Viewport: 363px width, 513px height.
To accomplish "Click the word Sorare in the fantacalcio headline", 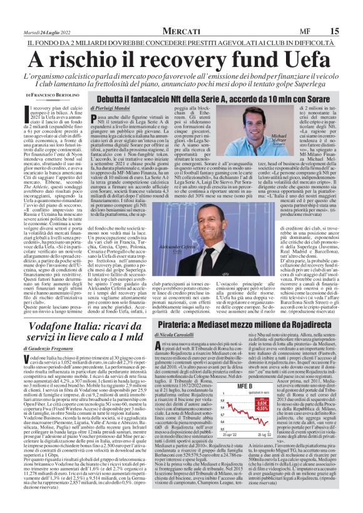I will click(x=325, y=99).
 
